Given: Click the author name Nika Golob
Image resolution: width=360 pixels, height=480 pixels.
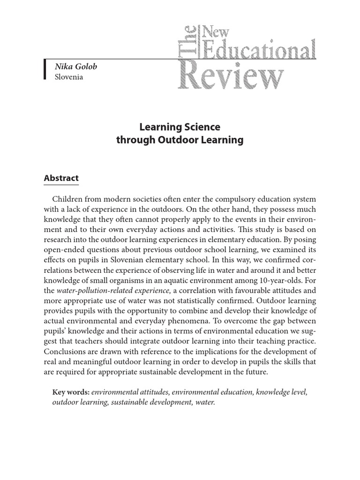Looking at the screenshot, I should click(76, 67).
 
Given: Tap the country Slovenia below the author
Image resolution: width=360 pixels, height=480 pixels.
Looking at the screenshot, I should click(69, 77).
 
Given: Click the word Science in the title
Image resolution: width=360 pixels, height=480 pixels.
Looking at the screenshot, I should click(200, 127).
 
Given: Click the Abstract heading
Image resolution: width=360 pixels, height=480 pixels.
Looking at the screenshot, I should click(61, 178).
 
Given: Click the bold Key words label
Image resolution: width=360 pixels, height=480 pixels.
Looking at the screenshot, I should click(71, 392).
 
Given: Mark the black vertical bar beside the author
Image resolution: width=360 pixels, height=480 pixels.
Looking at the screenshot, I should click(45, 71).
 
